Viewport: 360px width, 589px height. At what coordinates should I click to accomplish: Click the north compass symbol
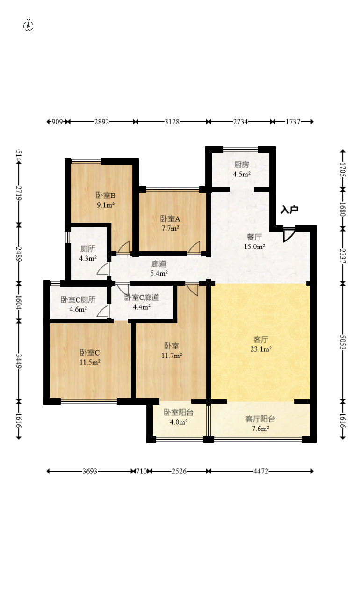click(x=29, y=26)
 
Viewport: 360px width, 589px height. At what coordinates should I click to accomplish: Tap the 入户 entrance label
click(x=289, y=210)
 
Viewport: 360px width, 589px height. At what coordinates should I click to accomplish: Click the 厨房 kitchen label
click(x=242, y=165)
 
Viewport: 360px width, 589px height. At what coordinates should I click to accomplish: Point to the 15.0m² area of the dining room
click(x=254, y=247)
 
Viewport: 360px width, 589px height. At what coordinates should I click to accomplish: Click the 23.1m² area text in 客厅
click(x=261, y=349)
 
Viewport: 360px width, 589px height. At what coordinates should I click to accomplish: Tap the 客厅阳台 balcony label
click(x=260, y=419)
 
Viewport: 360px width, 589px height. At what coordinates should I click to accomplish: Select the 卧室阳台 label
click(x=179, y=412)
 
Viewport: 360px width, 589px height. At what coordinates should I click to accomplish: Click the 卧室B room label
click(x=106, y=196)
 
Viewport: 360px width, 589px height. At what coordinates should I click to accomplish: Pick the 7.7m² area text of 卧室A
click(x=170, y=228)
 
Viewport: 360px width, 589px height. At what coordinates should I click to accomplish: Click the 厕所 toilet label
click(x=88, y=248)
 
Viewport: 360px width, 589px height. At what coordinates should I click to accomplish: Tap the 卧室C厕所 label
click(x=78, y=299)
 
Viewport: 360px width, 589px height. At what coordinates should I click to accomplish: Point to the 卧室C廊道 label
click(x=142, y=298)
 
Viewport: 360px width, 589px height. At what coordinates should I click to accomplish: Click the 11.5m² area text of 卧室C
click(x=90, y=362)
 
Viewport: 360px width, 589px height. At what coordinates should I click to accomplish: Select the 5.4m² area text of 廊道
click(x=159, y=273)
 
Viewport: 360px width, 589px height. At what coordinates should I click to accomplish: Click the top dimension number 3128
click(x=172, y=122)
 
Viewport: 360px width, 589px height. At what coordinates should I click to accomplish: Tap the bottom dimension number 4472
click(x=261, y=471)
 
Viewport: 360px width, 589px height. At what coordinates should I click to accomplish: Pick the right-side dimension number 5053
click(x=343, y=342)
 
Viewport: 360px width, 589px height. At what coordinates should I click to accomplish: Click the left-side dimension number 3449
click(x=19, y=361)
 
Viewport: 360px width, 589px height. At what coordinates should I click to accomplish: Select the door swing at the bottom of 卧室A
click(x=194, y=247)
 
